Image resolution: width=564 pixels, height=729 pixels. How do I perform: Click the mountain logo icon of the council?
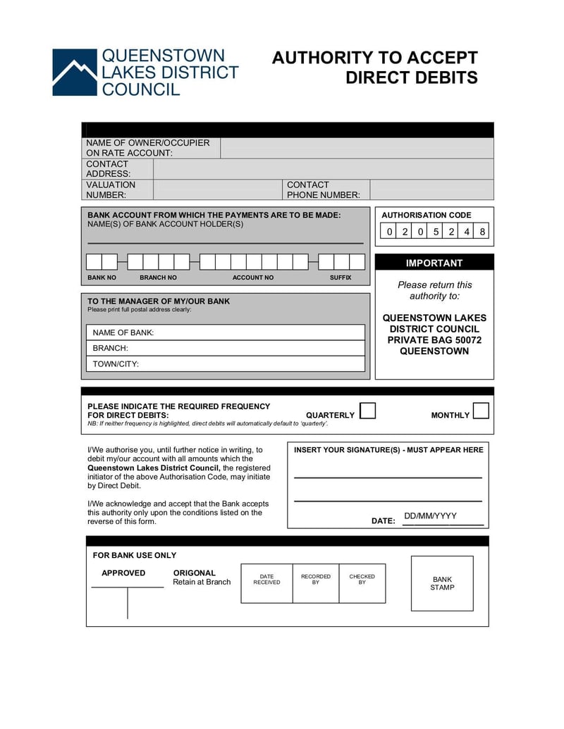point(74,72)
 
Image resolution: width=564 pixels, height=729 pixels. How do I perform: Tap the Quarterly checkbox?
point(368,411)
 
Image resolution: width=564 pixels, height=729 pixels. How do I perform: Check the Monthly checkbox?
point(481,411)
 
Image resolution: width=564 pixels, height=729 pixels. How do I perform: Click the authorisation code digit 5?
point(436,232)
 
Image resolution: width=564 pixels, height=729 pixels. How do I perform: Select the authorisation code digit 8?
point(482,232)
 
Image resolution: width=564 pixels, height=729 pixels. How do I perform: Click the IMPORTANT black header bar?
point(434,263)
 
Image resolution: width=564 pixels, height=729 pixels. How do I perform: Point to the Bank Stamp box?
point(442,583)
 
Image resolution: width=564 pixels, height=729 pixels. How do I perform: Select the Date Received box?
point(266,583)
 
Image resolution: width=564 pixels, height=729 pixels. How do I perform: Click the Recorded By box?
point(315,583)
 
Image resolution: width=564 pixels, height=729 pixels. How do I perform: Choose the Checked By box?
point(362,583)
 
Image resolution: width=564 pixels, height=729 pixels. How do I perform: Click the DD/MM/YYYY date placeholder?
point(430,516)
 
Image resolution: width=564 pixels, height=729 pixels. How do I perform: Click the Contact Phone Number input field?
point(431,189)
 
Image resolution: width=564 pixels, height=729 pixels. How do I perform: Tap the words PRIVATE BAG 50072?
point(434,340)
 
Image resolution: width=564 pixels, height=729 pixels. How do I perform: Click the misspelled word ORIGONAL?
point(195,573)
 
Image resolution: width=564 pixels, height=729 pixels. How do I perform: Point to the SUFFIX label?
point(340,278)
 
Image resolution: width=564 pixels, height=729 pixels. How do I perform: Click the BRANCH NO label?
point(158,278)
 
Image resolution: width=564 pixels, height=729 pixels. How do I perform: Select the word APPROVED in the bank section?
point(123,573)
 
